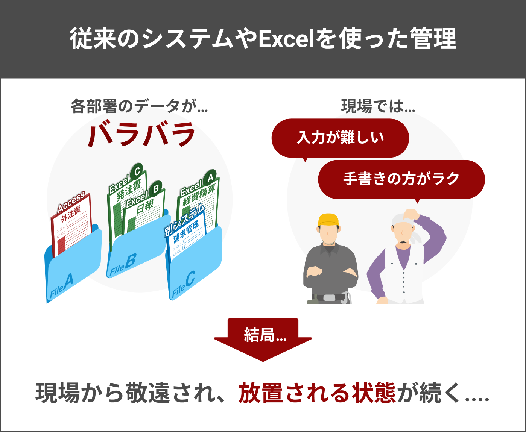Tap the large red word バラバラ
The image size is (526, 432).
click(141, 134)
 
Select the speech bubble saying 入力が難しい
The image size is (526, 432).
click(340, 138)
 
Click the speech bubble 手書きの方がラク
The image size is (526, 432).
click(401, 179)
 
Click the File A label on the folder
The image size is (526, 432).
click(62, 286)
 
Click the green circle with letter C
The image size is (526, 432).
click(137, 171)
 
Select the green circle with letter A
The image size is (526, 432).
click(210, 176)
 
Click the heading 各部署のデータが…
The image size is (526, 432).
click(139, 106)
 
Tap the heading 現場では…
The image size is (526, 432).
click(378, 106)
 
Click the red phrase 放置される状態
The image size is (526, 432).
click(317, 393)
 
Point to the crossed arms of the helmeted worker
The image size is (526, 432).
click(331, 271)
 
